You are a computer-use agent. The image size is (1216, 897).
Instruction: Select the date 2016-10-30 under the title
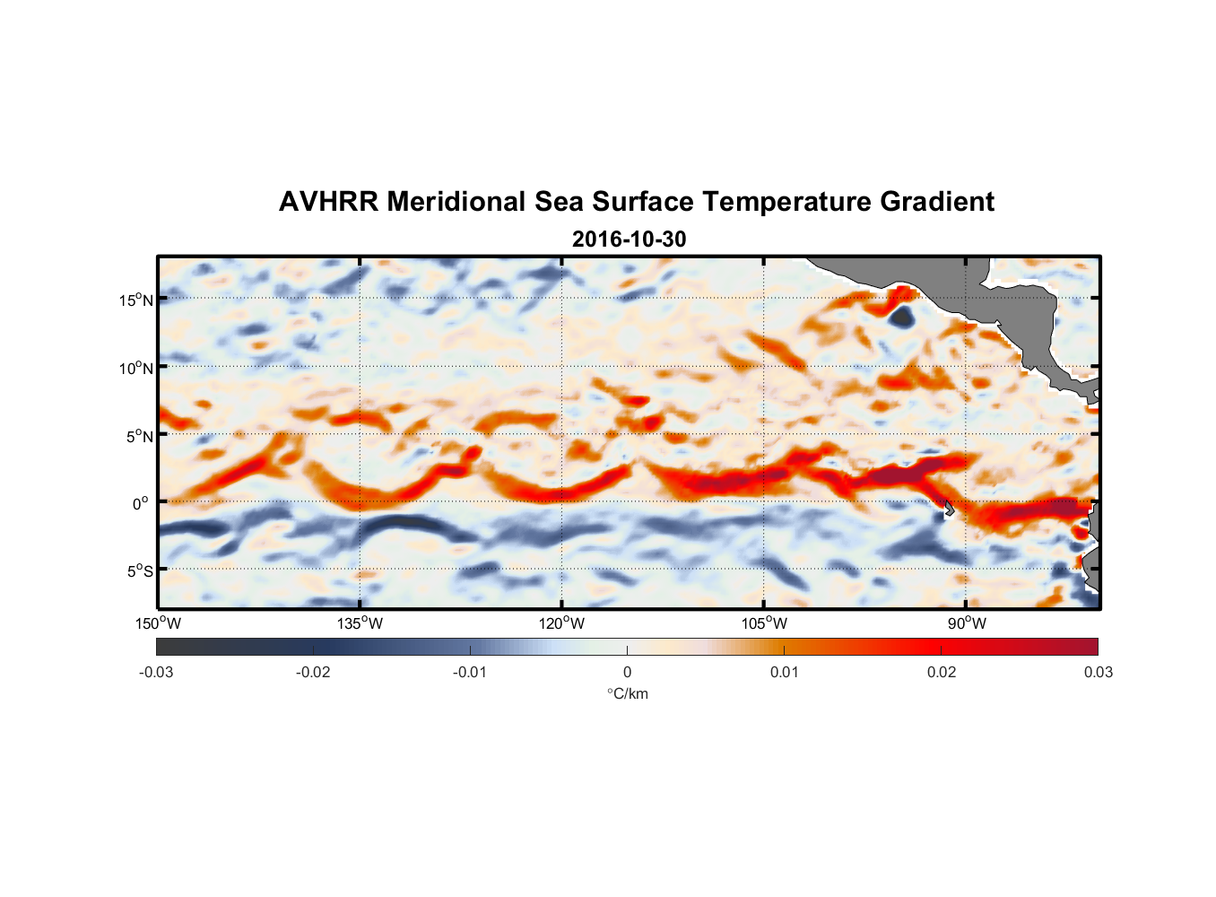[x=629, y=239]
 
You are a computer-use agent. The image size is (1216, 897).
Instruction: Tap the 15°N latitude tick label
[x=136, y=300]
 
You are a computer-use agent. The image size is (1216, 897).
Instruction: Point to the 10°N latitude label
[x=136, y=368]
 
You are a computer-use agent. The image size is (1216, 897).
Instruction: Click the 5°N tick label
[x=139, y=436]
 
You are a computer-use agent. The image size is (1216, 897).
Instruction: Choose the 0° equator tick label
[x=141, y=504]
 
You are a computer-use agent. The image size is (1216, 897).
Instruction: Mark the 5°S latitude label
[x=139, y=571]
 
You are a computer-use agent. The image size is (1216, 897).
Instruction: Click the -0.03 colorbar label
[x=156, y=673]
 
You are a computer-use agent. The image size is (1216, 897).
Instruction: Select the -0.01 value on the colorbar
[x=470, y=673]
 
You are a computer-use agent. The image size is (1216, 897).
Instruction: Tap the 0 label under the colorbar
[x=627, y=673]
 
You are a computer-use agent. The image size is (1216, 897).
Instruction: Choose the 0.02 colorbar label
[x=942, y=673]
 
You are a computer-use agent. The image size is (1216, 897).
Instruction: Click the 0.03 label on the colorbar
[x=1098, y=673]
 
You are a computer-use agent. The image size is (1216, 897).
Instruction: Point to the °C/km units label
[x=627, y=694]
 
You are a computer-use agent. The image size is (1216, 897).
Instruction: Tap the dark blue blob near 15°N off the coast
[x=899, y=316]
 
